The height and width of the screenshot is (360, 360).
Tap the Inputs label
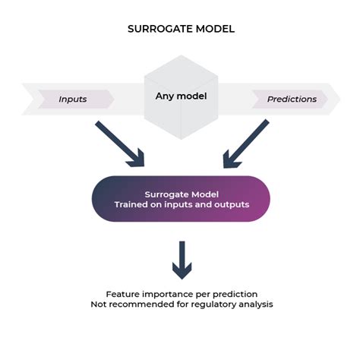click(x=73, y=99)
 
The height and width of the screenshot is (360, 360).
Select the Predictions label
click(x=292, y=99)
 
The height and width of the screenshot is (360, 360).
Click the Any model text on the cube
click(x=181, y=96)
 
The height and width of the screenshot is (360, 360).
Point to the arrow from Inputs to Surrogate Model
click(x=120, y=144)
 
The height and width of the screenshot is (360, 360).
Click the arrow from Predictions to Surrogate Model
click(x=246, y=144)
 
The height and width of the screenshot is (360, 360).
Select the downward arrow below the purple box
click(x=182, y=261)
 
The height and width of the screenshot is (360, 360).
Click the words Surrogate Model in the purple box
click(x=182, y=194)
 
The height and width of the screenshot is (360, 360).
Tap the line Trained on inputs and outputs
click(x=182, y=204)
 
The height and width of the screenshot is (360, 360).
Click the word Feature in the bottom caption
click(x=122, y=294)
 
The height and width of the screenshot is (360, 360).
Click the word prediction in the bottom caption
click(x=235, y=295)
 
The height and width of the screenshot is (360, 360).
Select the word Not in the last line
click(x=99, y=304)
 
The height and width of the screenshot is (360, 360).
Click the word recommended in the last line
click(x=142, y=304)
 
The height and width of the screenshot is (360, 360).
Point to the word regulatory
click(x=213, y=305)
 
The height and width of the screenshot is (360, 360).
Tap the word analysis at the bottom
click(x=256, y=305)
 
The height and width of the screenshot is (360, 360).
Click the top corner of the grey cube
click(x=181, y=55)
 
